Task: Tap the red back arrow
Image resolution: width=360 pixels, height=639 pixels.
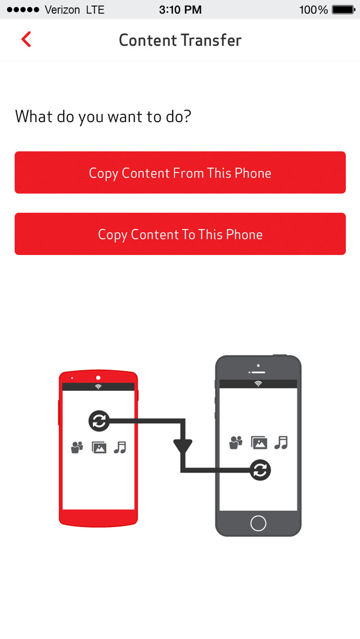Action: click(x=26, y=39)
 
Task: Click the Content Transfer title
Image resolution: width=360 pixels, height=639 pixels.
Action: click(x=180, y=40)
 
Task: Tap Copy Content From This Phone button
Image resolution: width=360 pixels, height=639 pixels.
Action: click(x=180, y=172)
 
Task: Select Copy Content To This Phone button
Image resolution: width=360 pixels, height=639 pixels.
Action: click(x=180, y=234)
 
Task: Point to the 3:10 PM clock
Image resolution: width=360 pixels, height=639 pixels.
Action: click(x=180, y=10)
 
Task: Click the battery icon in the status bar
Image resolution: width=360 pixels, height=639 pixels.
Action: click(x=344, y=10)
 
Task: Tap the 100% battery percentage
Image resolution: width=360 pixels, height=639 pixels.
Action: click(x=313, y=10)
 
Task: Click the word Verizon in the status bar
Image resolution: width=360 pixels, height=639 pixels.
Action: click(x=62, y=10)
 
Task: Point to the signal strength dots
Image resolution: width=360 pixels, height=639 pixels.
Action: click(x=23, y=10)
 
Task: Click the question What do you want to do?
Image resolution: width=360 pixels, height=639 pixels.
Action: click(x=103, y=116)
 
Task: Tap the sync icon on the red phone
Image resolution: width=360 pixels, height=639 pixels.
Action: click(x=99, y=421)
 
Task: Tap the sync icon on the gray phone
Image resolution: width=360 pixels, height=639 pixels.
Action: click(x=260, y=470)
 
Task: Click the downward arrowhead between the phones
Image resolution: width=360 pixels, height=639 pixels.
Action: click(x=183, y=447)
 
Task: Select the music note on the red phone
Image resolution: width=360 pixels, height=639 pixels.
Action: click(x=120, y=447)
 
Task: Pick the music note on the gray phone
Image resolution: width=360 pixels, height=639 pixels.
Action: click(x=281, y=442)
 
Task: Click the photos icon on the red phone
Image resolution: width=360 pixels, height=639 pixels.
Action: click(x=99, y=447)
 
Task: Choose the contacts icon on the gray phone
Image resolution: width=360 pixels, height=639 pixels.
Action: click(x=236, y=442)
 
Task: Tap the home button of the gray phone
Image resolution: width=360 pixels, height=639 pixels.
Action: click(x=258, y=523)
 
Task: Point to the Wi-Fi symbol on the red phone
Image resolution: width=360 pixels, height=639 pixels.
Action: click(x=98, y=386)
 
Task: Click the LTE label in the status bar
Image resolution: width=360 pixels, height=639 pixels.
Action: click(x=96, y=10)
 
